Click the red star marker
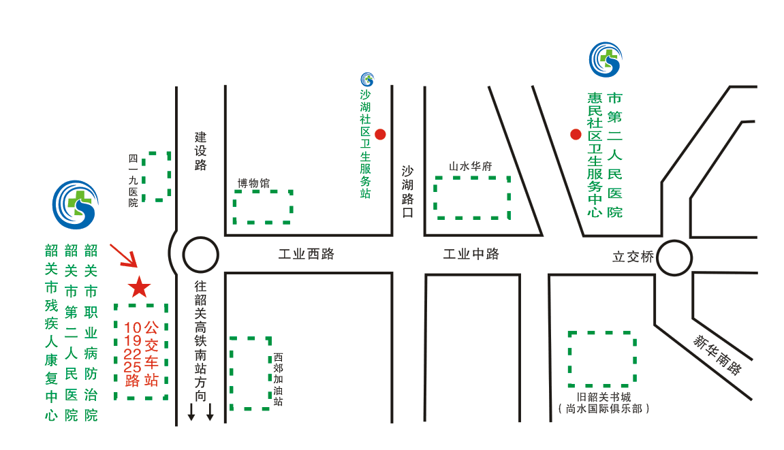(x=140, y=287)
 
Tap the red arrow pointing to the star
(x=124, y=255)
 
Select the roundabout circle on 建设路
(x=201, y=256)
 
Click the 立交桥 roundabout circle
(x=674, y=258)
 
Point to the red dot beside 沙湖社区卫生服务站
(x=381, y=134)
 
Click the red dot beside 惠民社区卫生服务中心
(x=576, y=134)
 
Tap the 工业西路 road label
(x=307, y=255)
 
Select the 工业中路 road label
(x=471, y=255)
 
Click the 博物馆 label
(x=253, y=183)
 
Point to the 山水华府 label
(x=471, y=166)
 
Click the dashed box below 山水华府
(x=473, y=197)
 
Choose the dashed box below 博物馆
(x=263, y=207)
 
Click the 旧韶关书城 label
(x=603, y=398)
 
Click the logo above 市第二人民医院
(x=606, y=59)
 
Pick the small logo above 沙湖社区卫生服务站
(x=367, y=80)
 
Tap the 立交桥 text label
(x=633, y=257)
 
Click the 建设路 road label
(x=200, y=150)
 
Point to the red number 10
(x=133, y=327)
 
